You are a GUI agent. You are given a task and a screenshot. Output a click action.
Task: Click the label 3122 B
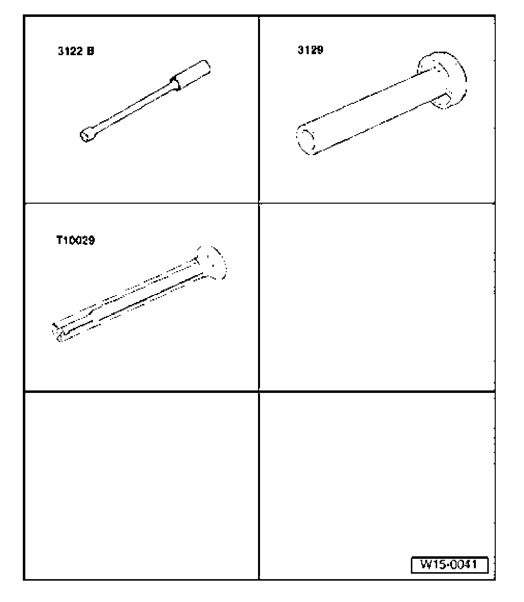pyautogui.click(x=76, y=51)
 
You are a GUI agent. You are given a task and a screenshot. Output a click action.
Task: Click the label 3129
pyautogui.click(x=310, y=50)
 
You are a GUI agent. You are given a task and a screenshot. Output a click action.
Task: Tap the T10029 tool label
pyautogui.click(x=75, y=240)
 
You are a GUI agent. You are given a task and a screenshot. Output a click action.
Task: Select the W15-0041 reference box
pyautogui.click(x=450, y=565)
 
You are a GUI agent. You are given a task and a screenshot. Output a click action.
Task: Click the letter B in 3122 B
pyautogui.click(x=90, y=51)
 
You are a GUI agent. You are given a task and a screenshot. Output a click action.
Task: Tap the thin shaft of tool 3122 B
pyautogui.click(x=132, y=109)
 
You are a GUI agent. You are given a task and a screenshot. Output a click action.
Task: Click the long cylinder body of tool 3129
pyautogui.click(x=370, y=112)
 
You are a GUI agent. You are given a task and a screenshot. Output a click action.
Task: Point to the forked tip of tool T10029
pyautogui.click(x=60, y=332)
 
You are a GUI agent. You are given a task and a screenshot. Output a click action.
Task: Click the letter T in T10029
pyautogui.click(x=60, y=240)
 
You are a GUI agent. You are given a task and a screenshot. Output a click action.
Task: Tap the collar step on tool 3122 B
pyautogui.click(x=175, y=83)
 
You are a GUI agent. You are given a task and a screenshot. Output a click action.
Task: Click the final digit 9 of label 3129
pyautogui.click(x=320, y=50)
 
